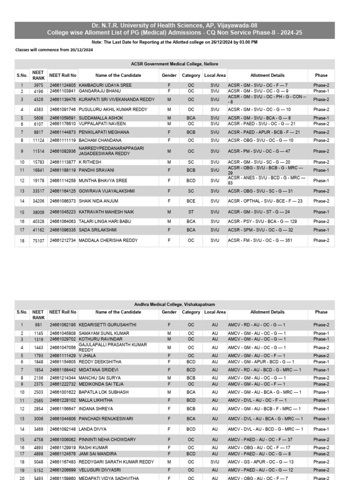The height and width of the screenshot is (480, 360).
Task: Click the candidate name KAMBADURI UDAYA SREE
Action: coord(105,85)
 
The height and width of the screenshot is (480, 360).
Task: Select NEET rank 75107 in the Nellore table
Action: coord(38,240)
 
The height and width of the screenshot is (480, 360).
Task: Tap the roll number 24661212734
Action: coord(63,240)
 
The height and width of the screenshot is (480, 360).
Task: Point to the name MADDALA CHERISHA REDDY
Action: coord(108,240)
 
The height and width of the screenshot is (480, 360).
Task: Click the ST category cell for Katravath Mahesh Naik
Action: coord(191,212)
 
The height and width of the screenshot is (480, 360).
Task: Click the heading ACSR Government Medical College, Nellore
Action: coord(174,64)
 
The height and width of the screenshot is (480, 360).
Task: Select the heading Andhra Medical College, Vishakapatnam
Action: coord(174,304)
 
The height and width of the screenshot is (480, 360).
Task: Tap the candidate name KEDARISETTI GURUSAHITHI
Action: coord(108,325)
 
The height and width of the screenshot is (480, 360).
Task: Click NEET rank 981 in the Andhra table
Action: coord(38,325)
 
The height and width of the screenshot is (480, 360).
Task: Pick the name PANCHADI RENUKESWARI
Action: coord(106,419)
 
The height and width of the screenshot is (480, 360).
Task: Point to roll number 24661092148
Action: coord(63,429)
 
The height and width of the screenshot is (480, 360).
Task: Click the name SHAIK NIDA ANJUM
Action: coord(100,201)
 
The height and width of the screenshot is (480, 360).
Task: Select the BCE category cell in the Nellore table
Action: coord(191,201)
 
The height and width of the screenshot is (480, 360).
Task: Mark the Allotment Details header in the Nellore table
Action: coord(267,75)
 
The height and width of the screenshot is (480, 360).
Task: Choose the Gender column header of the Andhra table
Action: coord(169,312)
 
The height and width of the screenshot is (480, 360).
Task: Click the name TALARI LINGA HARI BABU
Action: coord(105,221)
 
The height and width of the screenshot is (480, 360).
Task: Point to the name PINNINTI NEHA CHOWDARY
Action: coord(107,440)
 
